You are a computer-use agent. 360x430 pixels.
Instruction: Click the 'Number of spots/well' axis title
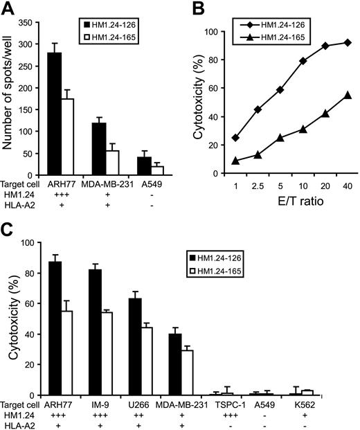[10, 102]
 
